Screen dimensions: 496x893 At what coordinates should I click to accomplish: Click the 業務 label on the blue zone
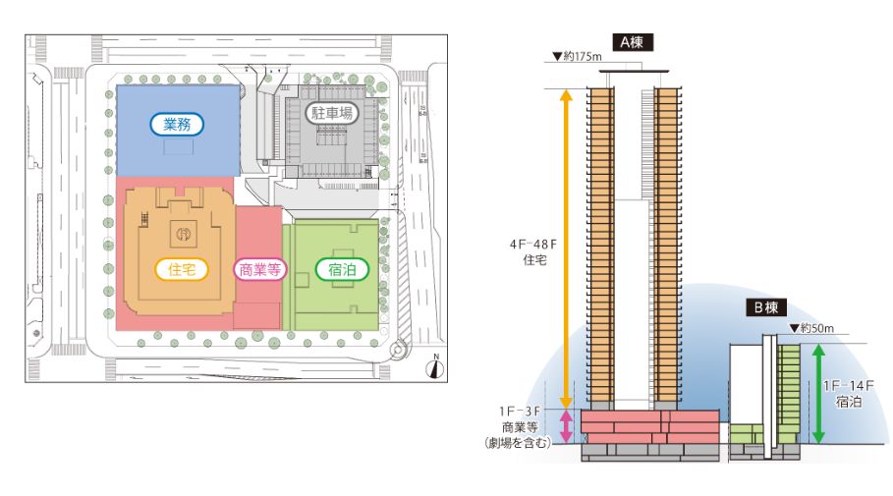[x=178, y=125]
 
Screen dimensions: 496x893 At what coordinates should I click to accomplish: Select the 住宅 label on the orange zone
[x=182, y=269]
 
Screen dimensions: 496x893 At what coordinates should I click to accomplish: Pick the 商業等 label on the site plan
[x=259, y=269]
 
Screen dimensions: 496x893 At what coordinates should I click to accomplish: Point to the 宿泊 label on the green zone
[x=335, y=269]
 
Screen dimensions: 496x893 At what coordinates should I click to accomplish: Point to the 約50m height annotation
[x=814, y=326]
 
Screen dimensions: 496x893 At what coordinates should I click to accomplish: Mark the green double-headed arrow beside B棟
[x=818, y=394]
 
